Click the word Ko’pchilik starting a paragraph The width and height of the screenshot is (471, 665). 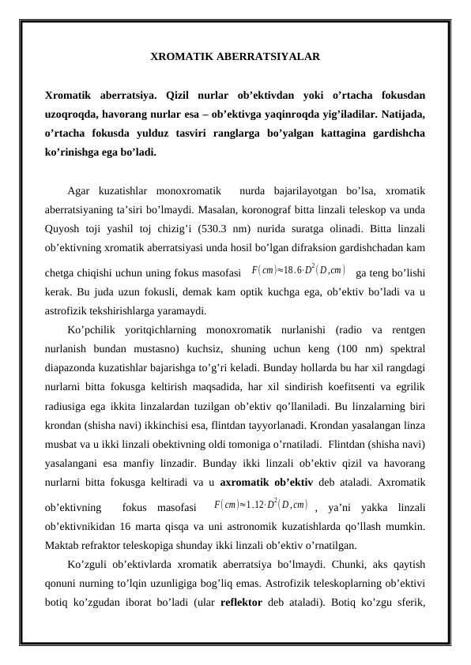pyautogui.click(x=92, y=329)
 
